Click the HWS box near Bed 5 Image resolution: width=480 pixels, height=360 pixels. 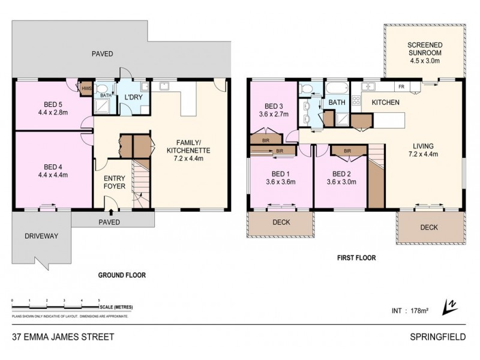86,88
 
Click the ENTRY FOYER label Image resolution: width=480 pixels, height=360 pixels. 115,182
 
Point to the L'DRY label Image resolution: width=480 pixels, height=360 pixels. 132,98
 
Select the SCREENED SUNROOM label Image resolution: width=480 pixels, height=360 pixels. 424,48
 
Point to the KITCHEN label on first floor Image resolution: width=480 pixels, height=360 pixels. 386,103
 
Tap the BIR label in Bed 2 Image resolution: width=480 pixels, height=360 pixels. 347,151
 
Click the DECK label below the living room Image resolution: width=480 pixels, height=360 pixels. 429,227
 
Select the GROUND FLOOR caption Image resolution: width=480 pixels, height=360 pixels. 122,275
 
